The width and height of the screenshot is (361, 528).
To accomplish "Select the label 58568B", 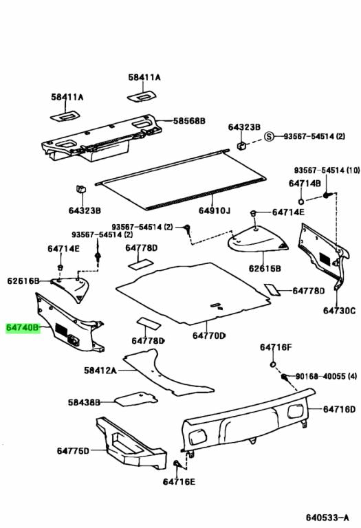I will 188,121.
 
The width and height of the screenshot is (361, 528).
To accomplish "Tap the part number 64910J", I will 215,210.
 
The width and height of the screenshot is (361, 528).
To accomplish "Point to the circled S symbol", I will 270,137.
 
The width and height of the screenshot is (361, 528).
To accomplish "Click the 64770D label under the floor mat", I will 208,335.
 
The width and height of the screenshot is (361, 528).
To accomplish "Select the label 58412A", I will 100,370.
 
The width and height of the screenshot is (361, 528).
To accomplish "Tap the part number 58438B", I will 84,402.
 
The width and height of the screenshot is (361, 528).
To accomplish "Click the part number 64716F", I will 276,347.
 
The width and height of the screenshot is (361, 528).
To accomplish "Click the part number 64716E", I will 179,483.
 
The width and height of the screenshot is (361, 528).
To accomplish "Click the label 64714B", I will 305,184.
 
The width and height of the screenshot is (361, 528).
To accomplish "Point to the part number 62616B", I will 24,280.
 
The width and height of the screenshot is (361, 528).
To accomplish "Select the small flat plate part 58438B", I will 133,397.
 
